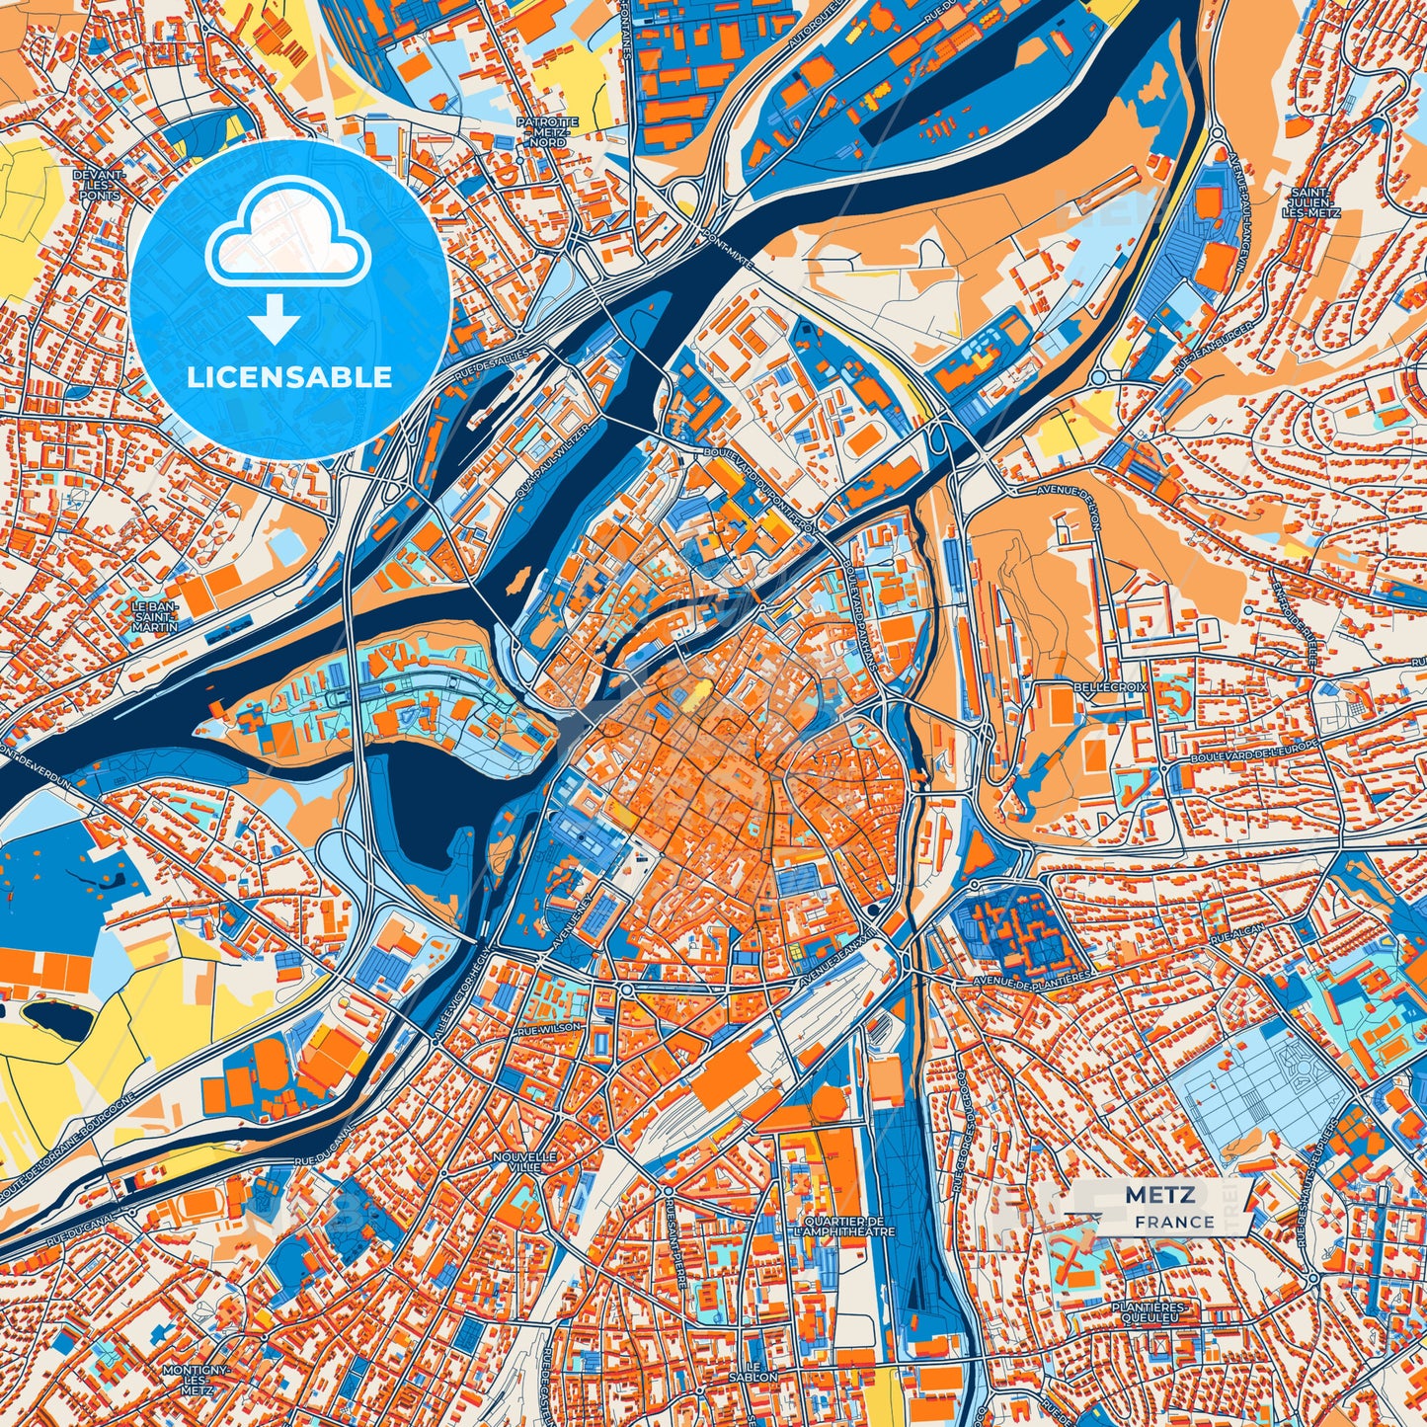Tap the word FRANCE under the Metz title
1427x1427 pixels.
1174,1222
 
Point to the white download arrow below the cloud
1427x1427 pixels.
275,320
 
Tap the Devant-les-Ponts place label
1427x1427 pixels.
99,185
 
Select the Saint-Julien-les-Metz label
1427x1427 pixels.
1309,202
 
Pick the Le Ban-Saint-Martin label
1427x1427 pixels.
155,616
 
